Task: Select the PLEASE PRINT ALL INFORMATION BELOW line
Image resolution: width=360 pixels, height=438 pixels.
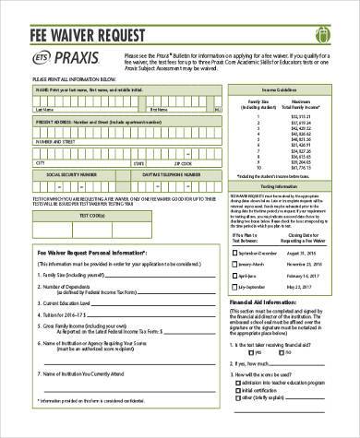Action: [70, 80]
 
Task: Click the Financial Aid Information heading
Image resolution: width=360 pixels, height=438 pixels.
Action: [266, 302]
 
